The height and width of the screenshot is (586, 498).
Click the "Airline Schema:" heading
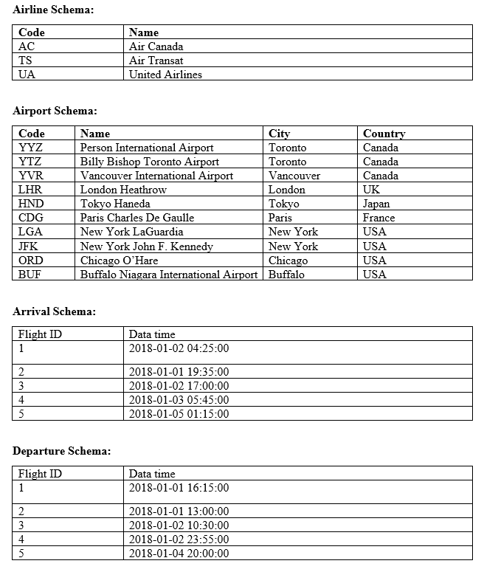[x=53, y=10]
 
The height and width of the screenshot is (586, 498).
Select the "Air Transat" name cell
[x=156, y=61]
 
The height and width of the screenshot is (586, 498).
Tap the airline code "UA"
[x=27, y=75]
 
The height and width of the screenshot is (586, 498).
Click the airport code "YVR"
[x=32, y=176]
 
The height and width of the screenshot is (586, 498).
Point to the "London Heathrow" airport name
[x=123, y=190]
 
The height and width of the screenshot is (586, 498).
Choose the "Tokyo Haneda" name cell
[x=115, y=204]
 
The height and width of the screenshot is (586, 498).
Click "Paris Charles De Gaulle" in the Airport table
[x=137, y=218]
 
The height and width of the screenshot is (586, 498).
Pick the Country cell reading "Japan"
[x=376, y=204]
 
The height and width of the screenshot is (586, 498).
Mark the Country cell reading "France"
[x=378, y=218]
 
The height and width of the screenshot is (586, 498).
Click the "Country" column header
[x=384, y=134]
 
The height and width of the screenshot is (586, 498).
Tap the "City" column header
[x=279, y=134]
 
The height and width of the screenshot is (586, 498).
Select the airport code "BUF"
[x=31, y=275]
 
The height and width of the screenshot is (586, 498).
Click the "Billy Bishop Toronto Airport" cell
[x=149, y=162]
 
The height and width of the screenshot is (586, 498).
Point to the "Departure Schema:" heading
[x=62, y=451]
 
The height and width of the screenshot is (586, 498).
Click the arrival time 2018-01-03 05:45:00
[x=179, y=400]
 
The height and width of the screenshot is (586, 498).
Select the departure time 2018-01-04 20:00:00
[x=179, y=554]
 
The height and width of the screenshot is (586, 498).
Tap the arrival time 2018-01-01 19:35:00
[x=179, y=372]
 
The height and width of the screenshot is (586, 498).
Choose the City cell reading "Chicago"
[x=288, y=261]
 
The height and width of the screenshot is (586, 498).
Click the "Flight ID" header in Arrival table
[x=40, y=334]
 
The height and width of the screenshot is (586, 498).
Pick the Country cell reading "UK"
[x=371, y=190]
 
